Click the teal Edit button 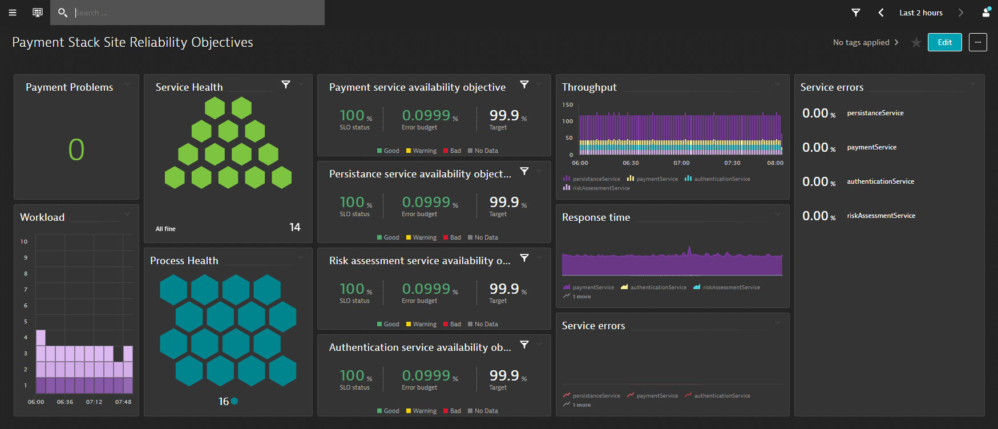pyautogui.click(x=944, y=42)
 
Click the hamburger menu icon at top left pyautogui.click(x=13, y=13)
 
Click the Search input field pyautogui.click(x=194, y=13)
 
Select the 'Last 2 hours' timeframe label pyautogui.click(x=920, y=13)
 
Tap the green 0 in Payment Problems pyautogui.click(x=76, y=150)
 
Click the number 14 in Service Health pyautogui.click(x=294, y=227)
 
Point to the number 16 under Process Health pyautogui.click(x=224, y=402)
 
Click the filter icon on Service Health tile pyautogui.click(x=286, y=84)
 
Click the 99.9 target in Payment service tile pyautogui.click(x=504, y=116)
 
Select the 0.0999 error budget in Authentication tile pyautogui.click(x=426, y=376)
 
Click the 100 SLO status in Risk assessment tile pyautogui.click(x=351, y=289)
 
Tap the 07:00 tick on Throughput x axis pyautogui.click(x=681, y=163)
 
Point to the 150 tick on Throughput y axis pyautogui.click(x=567, y=105)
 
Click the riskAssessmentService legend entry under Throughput pyautogui.click(x=601, y=188)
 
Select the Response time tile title pyautogui.click(x=596, y=217)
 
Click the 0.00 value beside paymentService pyautogui.click(x=815, y=148)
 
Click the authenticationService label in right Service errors pyautogui.click(x=880, y=181)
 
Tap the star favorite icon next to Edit pyautogui.click(x=916, y=43)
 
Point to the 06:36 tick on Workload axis pyautogui.click(x=65, y=402)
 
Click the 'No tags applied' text pyautogui.click(x=860, y=42)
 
